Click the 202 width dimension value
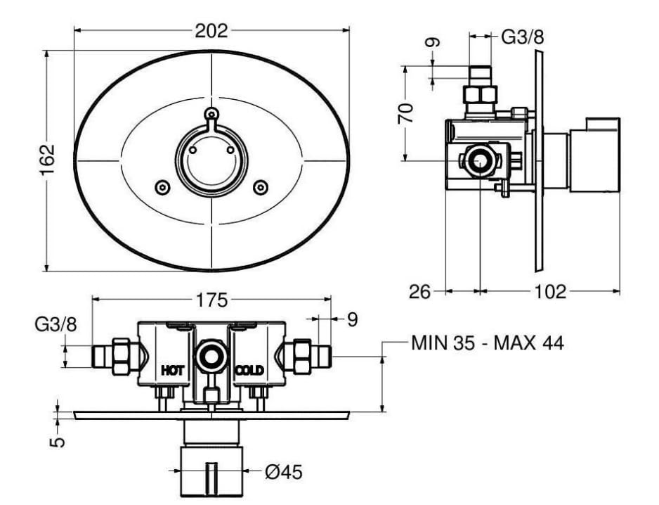pyautogui.click(x=211, y=31)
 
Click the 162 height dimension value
pyautogui.click(x=48, y=160)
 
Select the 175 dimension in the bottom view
pyautogui.click(x=212, y=300)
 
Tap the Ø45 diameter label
pyautogui.click(x=284, y=472)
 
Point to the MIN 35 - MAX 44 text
pyautogui.click(x=487, y=343)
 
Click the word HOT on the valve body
pyautogui.click(x=173, y=371)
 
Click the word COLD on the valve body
pyautogui.click(x=249, y=371)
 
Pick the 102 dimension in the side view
pyautogui.click(x=550, y=291)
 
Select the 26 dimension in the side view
pyautogui.click(x=420, y=291)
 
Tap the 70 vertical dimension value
pyautogui.click(x=406, y=113)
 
